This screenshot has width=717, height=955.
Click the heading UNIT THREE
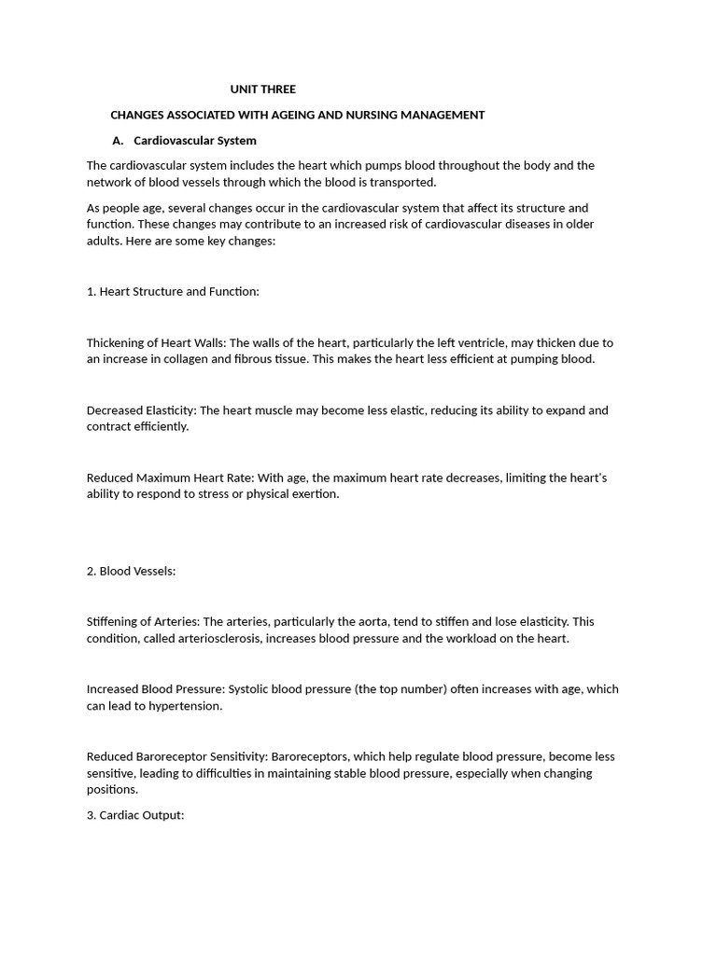tap(263, 90)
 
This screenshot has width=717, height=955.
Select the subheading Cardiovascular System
tap(195, 141)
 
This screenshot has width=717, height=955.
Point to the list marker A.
tap(118, 141)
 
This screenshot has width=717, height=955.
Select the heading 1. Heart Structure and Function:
tap(173, 292)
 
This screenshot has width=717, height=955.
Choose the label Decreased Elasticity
tap(140, 410)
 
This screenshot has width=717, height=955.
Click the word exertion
tap(314, 494)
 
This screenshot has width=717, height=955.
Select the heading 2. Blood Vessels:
tap(131, 571)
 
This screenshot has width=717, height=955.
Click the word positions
tap(111, 790)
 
